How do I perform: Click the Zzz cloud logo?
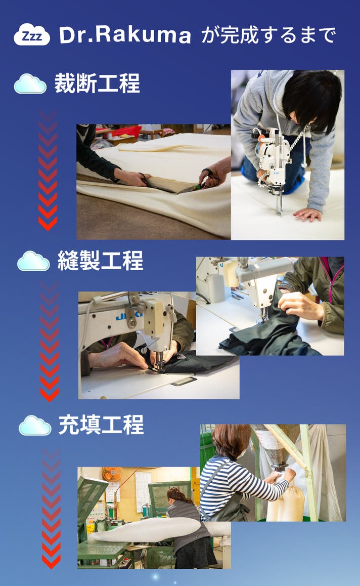(32, 34)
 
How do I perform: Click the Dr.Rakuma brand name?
(125, 35)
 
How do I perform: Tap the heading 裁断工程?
(97, 83)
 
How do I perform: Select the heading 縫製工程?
(100, 260)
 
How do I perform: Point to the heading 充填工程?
(101, 425)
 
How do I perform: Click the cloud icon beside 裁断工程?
(30, 83)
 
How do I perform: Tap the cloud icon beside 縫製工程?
(33, 261)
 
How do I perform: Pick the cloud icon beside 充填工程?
(35, 425)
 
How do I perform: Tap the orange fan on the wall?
(112, 474)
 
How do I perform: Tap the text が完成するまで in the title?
(268, 35)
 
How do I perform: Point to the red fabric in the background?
(126, 132)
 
